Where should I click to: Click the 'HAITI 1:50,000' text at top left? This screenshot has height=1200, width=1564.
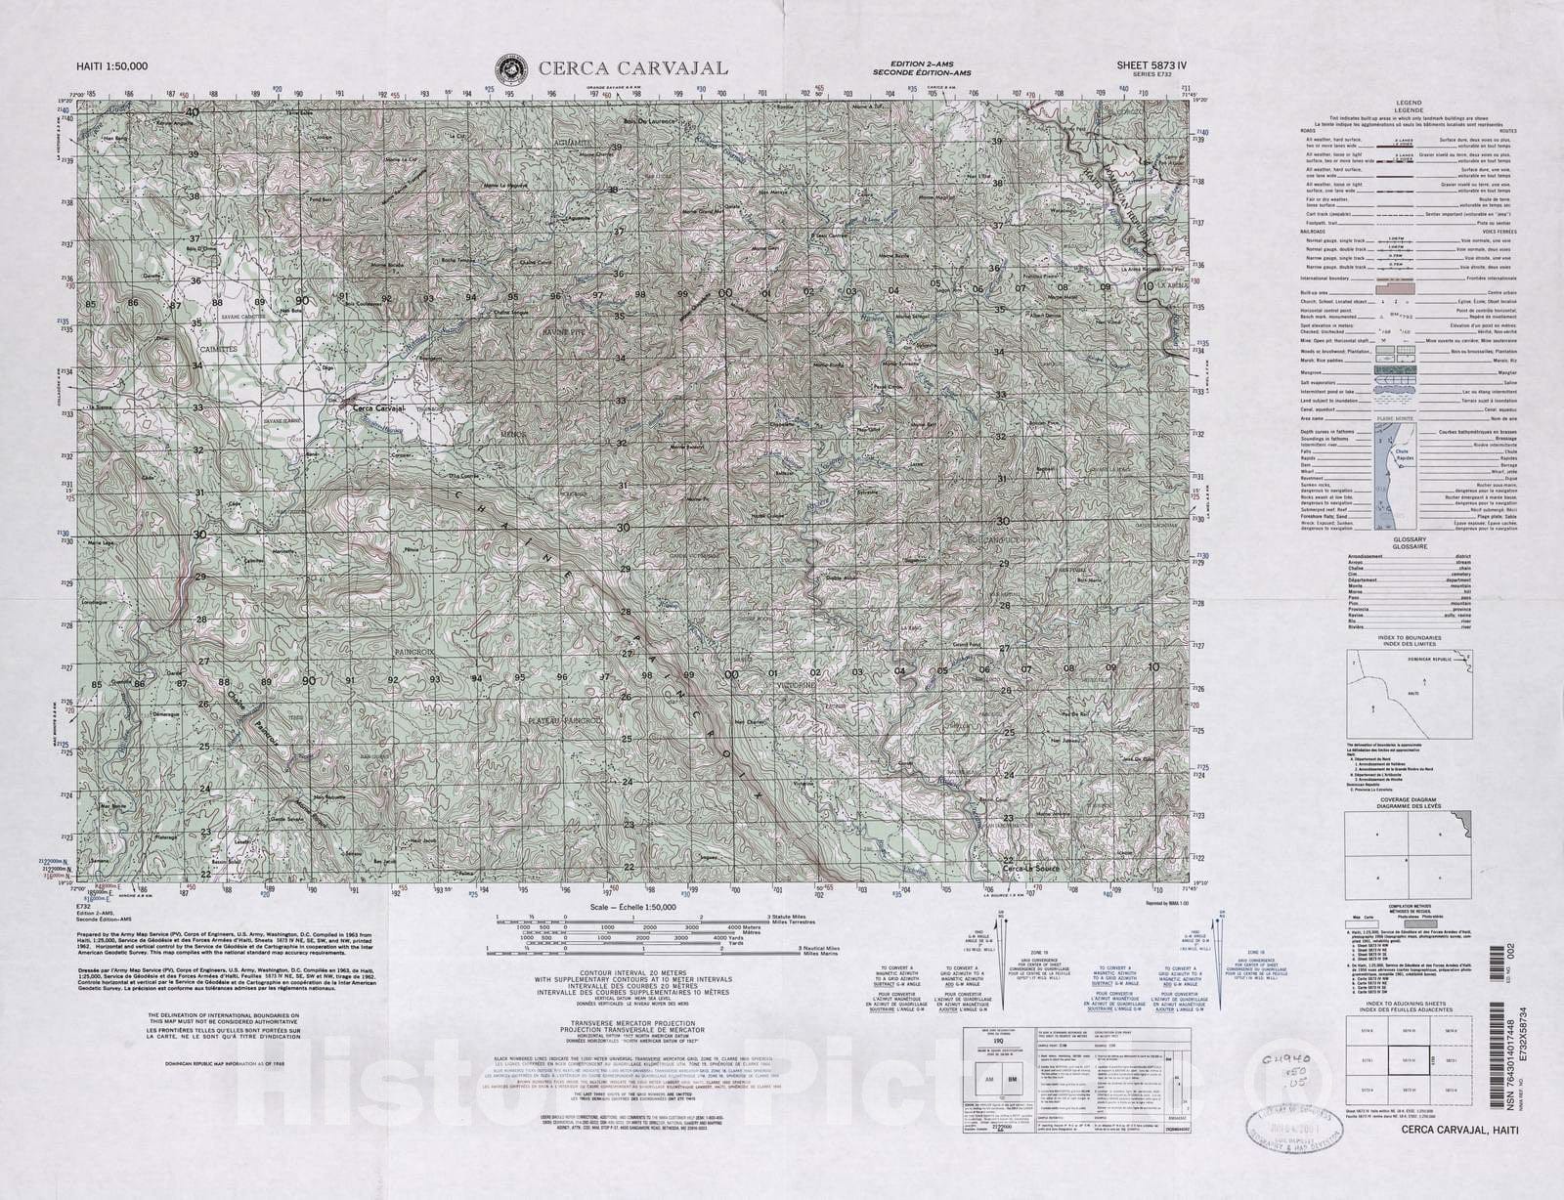112,66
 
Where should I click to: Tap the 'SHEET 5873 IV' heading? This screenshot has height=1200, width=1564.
1152,65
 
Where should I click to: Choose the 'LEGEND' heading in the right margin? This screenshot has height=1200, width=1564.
1409,103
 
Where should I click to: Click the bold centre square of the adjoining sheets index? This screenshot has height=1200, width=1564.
1409,1059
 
